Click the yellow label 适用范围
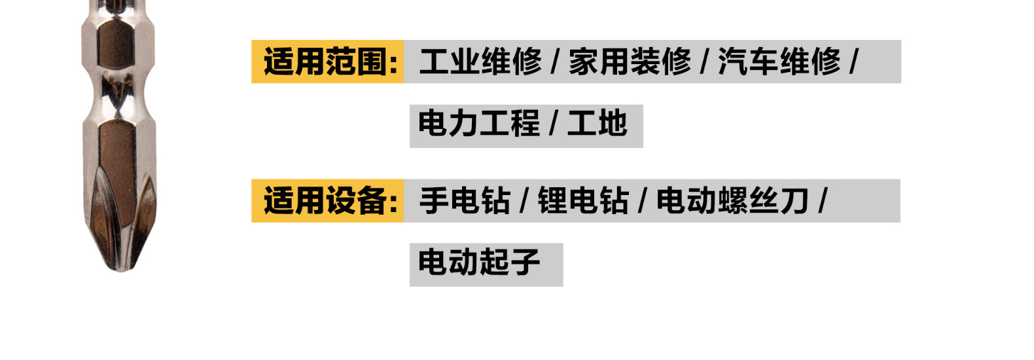point(327,62)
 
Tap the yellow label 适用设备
point(327,200)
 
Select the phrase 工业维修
point(480,62)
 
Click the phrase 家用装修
point(630,62)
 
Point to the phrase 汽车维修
point(779,62)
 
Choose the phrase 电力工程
point(479,124)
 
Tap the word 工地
point(597,124)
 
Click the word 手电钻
point(465,200)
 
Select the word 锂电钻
point(582,200)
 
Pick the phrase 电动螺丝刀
point(732,200)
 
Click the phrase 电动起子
point(479,262)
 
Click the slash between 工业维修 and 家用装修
point(555,62)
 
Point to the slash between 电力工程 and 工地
point(554,124)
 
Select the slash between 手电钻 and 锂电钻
point(524,200)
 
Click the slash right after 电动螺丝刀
point(823,200)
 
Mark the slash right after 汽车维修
point(853,62)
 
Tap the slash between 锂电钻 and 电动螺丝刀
point(643,200)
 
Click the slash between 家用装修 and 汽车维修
point(705,62)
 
